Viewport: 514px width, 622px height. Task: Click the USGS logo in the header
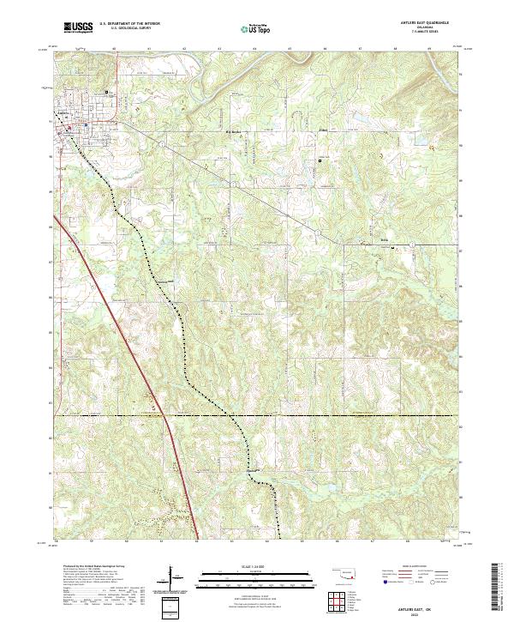click(78, 28)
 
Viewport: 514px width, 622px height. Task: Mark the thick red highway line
click(128, 343)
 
